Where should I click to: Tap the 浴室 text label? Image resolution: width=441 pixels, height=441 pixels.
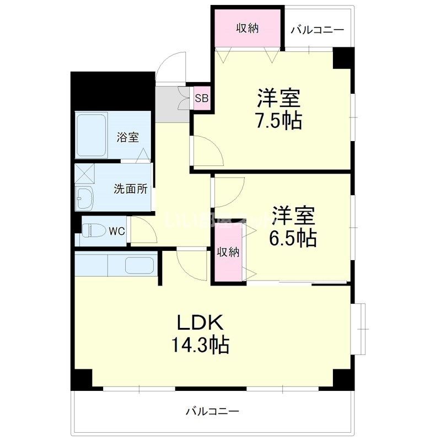pos(127,137)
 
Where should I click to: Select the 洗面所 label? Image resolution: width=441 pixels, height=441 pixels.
pos(130,189)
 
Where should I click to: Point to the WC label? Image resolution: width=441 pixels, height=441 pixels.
pos(116,231)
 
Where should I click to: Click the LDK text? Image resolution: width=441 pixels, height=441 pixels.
pos(199,322)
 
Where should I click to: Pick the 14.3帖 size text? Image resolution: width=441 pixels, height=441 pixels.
pos(199,346)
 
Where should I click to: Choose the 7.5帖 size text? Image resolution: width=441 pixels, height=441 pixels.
pos(278,120)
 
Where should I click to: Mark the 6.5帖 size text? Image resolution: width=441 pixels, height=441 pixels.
pos(293,238)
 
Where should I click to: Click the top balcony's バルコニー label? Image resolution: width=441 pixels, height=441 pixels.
pos(317,29)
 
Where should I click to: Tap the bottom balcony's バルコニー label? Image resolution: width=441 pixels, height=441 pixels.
pos(212,411)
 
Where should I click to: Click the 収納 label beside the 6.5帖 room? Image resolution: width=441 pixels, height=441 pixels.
pos(228,252)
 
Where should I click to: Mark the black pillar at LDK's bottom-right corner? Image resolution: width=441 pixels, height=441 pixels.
pos(342,379)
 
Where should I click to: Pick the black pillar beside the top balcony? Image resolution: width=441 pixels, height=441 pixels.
pos(343,57)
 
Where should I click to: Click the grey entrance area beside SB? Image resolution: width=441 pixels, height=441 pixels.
pos(168,104)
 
